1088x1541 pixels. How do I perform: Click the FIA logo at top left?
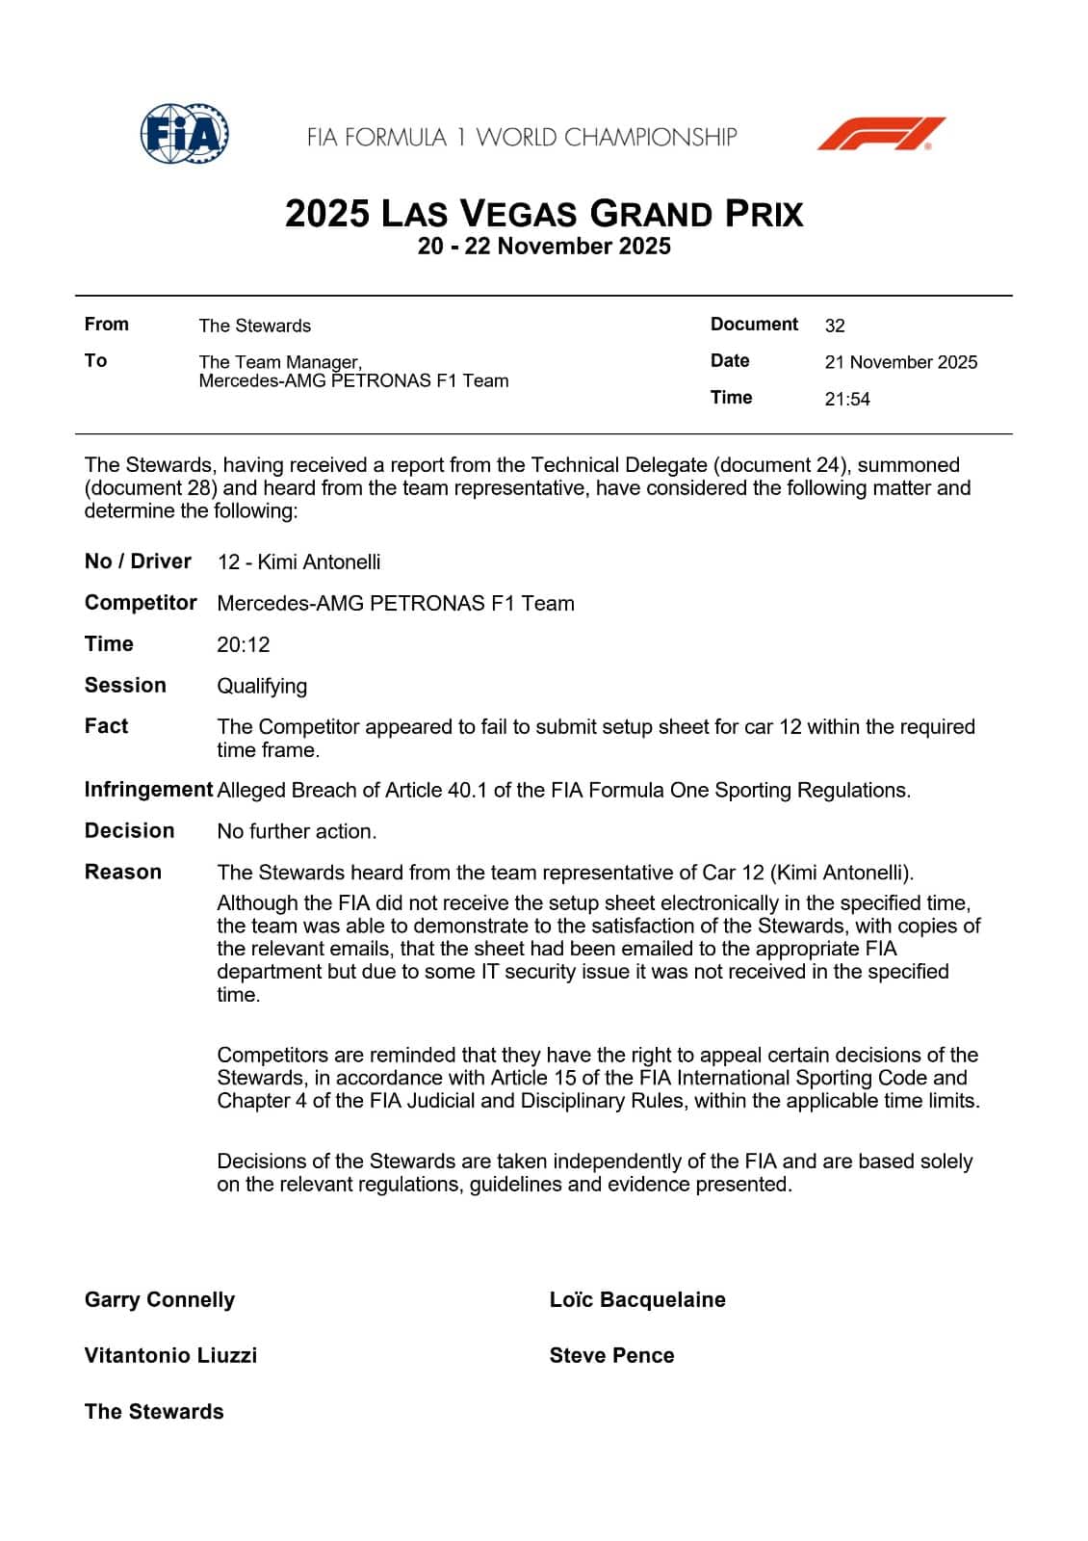184,134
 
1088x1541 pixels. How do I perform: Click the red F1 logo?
881,134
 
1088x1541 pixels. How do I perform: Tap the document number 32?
835,326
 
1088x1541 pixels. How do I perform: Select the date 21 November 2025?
900,362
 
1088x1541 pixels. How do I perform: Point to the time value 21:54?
846,399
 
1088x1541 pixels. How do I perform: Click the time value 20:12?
244,644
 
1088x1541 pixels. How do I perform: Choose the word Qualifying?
262,686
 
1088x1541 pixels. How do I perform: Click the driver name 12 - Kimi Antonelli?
298,562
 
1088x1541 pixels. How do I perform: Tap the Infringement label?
148,790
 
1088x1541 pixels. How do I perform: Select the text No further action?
297,831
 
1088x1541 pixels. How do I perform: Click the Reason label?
123,872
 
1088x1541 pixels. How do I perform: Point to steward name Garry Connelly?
160,1299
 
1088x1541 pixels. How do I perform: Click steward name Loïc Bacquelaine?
636,1299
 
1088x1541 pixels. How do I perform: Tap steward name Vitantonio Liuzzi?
170,1355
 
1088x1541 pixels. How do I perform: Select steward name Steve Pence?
611,1355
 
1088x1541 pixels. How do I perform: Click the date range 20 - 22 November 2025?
544,247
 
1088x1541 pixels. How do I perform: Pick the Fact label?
106,726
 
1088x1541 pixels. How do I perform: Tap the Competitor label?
141,603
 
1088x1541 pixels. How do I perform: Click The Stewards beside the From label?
254,326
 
